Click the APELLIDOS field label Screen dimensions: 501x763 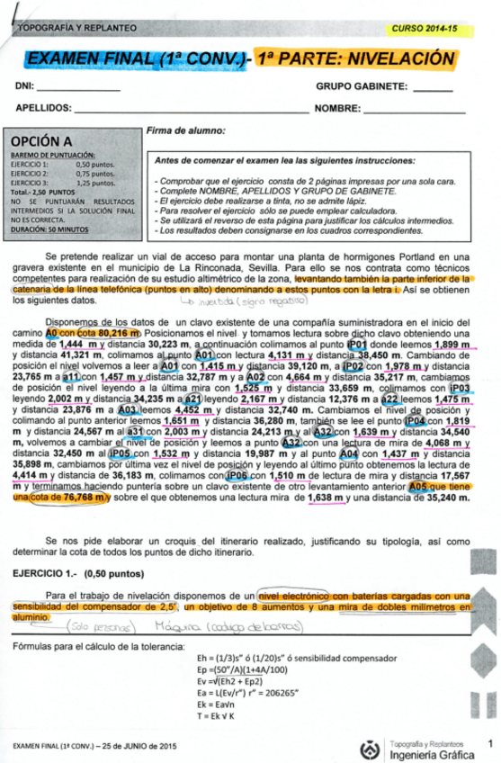point(43,109)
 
